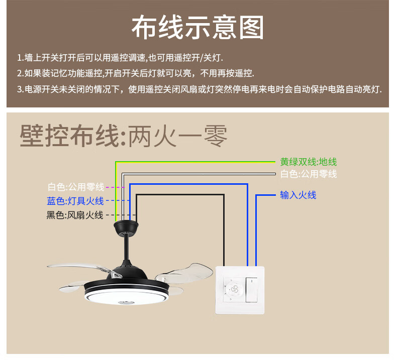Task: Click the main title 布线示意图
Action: [x=197, y=28]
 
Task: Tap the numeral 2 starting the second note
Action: [x=19, y=73]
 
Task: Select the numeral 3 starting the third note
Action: [x=19, y=90]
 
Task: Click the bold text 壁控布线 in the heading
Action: [x=70, y=137]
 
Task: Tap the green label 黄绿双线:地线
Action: [x=308, y=162]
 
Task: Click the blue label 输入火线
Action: [x=298, y=195]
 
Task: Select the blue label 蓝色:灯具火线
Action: [x=75, y=201]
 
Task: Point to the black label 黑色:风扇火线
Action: [x=75, y=215]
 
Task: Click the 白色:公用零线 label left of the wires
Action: [x=75, y=187]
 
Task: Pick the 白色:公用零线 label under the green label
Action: [x=308, y=174]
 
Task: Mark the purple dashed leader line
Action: [x=115, y=187]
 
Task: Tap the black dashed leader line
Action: [x=112, y=215]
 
